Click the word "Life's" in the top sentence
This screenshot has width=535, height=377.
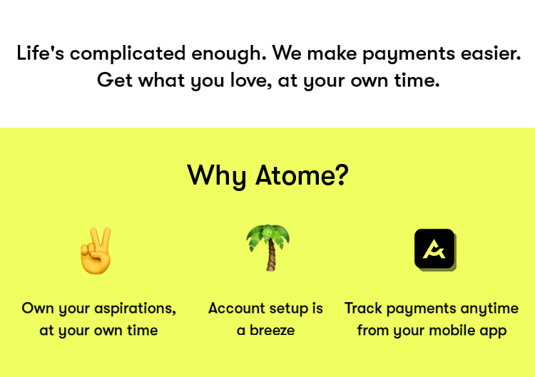pos(40,53)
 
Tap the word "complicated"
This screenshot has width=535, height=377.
pos(128,55)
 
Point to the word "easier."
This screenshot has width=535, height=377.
pos(491,53)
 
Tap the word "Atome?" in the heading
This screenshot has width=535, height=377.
pos(302,175)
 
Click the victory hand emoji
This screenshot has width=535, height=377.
pos(96,251)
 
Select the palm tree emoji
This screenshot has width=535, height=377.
pos(268,247)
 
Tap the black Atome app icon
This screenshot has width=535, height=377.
pos(434,249)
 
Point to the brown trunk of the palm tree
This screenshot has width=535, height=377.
pos(271,256)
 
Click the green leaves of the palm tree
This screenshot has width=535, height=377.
pos(267,236)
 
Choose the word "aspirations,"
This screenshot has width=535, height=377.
pos(135,309)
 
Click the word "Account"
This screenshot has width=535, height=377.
pos(235,308)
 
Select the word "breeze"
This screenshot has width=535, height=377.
pos(272,330)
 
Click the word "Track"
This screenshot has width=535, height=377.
pos(363,308)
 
